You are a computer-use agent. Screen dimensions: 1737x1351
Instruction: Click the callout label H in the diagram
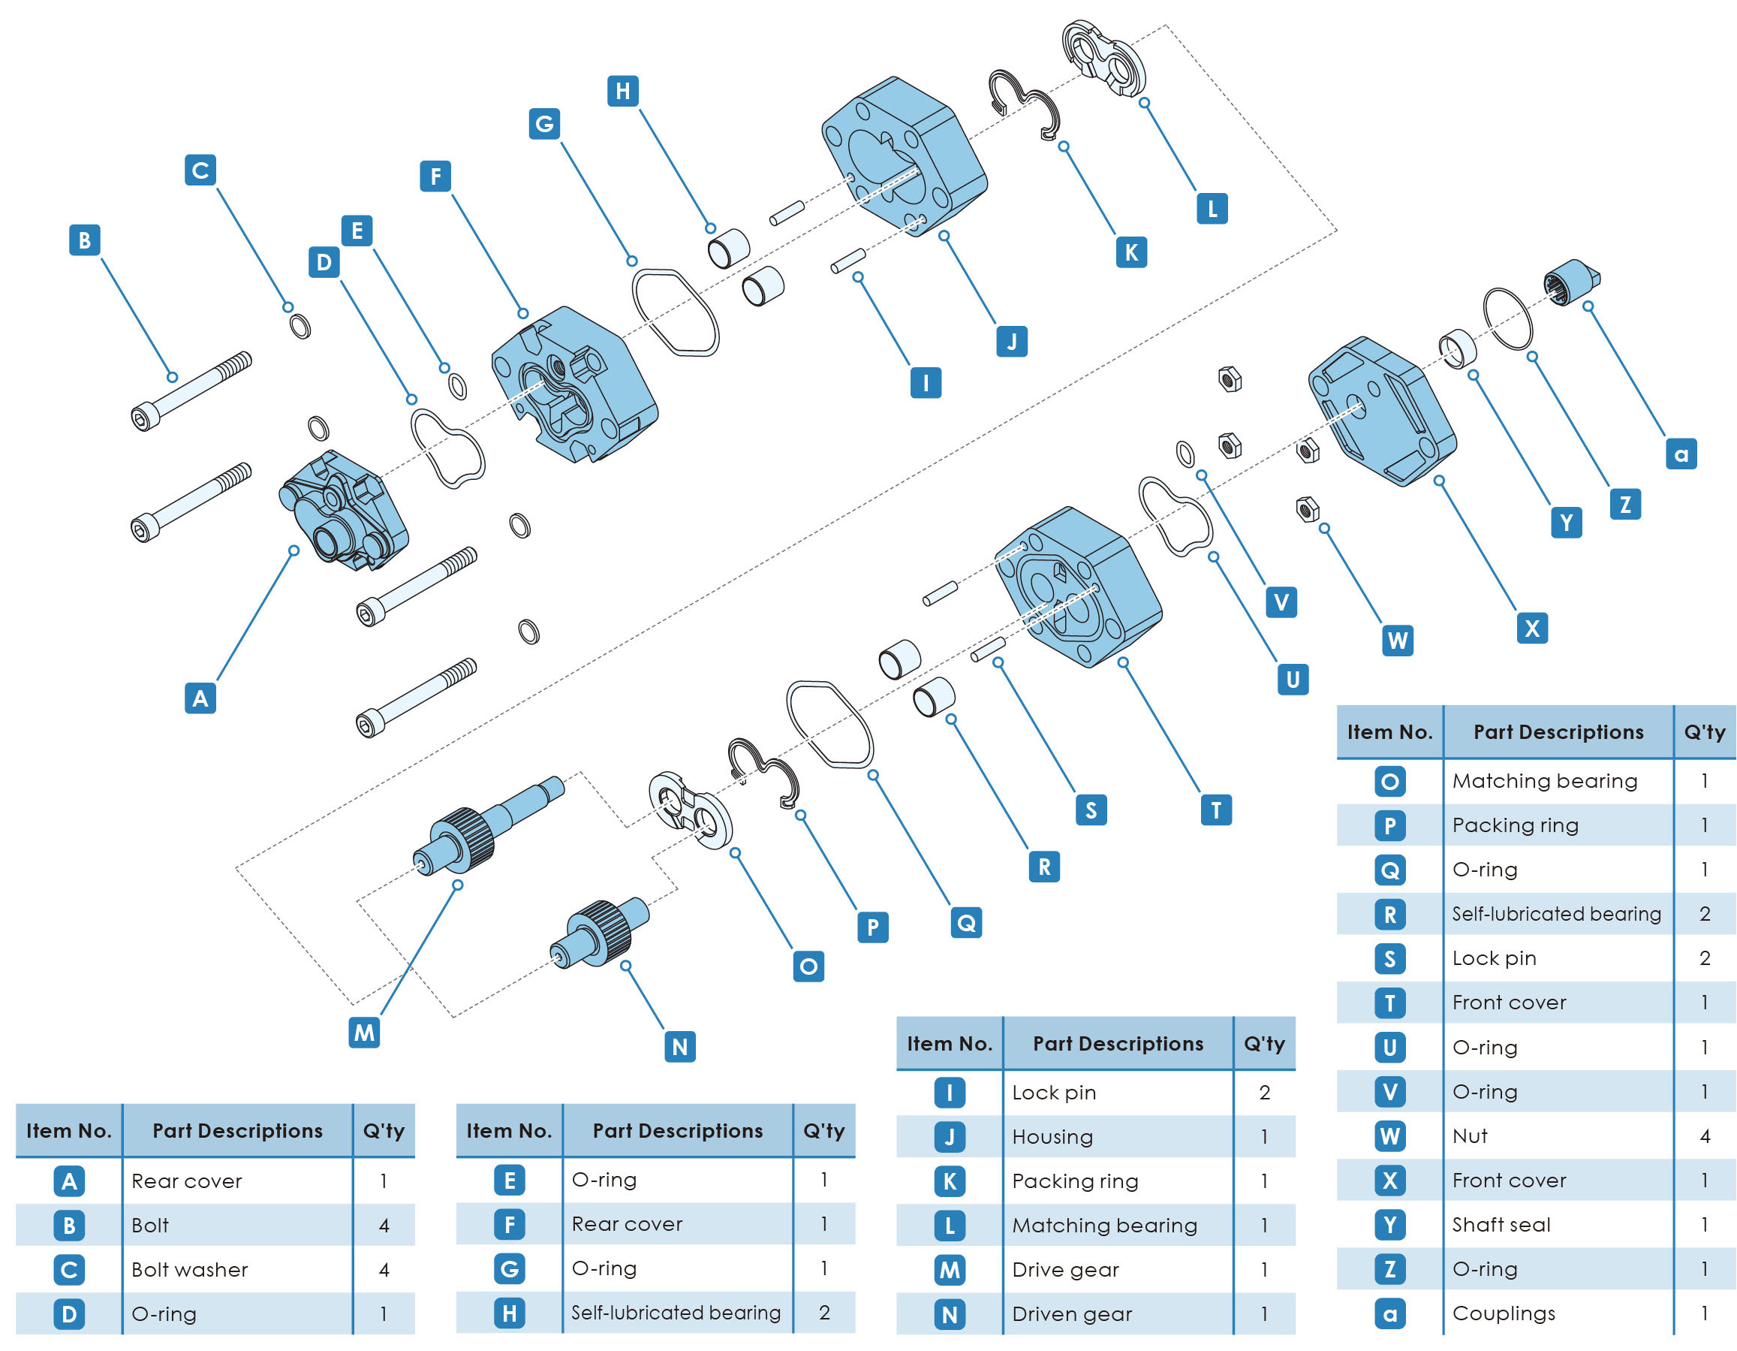(x=623, y=91)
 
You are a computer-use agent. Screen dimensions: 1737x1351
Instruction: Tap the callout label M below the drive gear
(x=364, y=1033)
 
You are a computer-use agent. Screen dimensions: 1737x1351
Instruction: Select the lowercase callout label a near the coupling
(x=1681, y=454)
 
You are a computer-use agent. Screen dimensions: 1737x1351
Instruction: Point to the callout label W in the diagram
(x=1398, y=641)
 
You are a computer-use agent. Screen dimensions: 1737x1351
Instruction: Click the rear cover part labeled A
(x=343, y=511)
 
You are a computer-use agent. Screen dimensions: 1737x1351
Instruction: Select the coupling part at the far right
(x=1572, y=283)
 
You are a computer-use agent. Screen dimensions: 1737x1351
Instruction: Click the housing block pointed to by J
(x=904, y=155)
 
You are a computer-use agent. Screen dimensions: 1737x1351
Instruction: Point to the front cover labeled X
(x=1381, y=412)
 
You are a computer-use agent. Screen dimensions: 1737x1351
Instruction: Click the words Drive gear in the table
(x=1065, y=1270)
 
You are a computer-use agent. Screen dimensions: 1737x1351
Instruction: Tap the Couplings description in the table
(x=1503, y=1313)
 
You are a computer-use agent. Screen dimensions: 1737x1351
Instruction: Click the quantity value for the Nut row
(x=1705, y=1136)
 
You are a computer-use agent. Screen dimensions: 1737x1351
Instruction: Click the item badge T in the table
(x=1389, y=1003)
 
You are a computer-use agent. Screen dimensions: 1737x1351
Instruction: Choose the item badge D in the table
(x=69, y=1314)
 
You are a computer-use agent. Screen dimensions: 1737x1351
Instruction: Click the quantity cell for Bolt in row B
(x=384, y=1226)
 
